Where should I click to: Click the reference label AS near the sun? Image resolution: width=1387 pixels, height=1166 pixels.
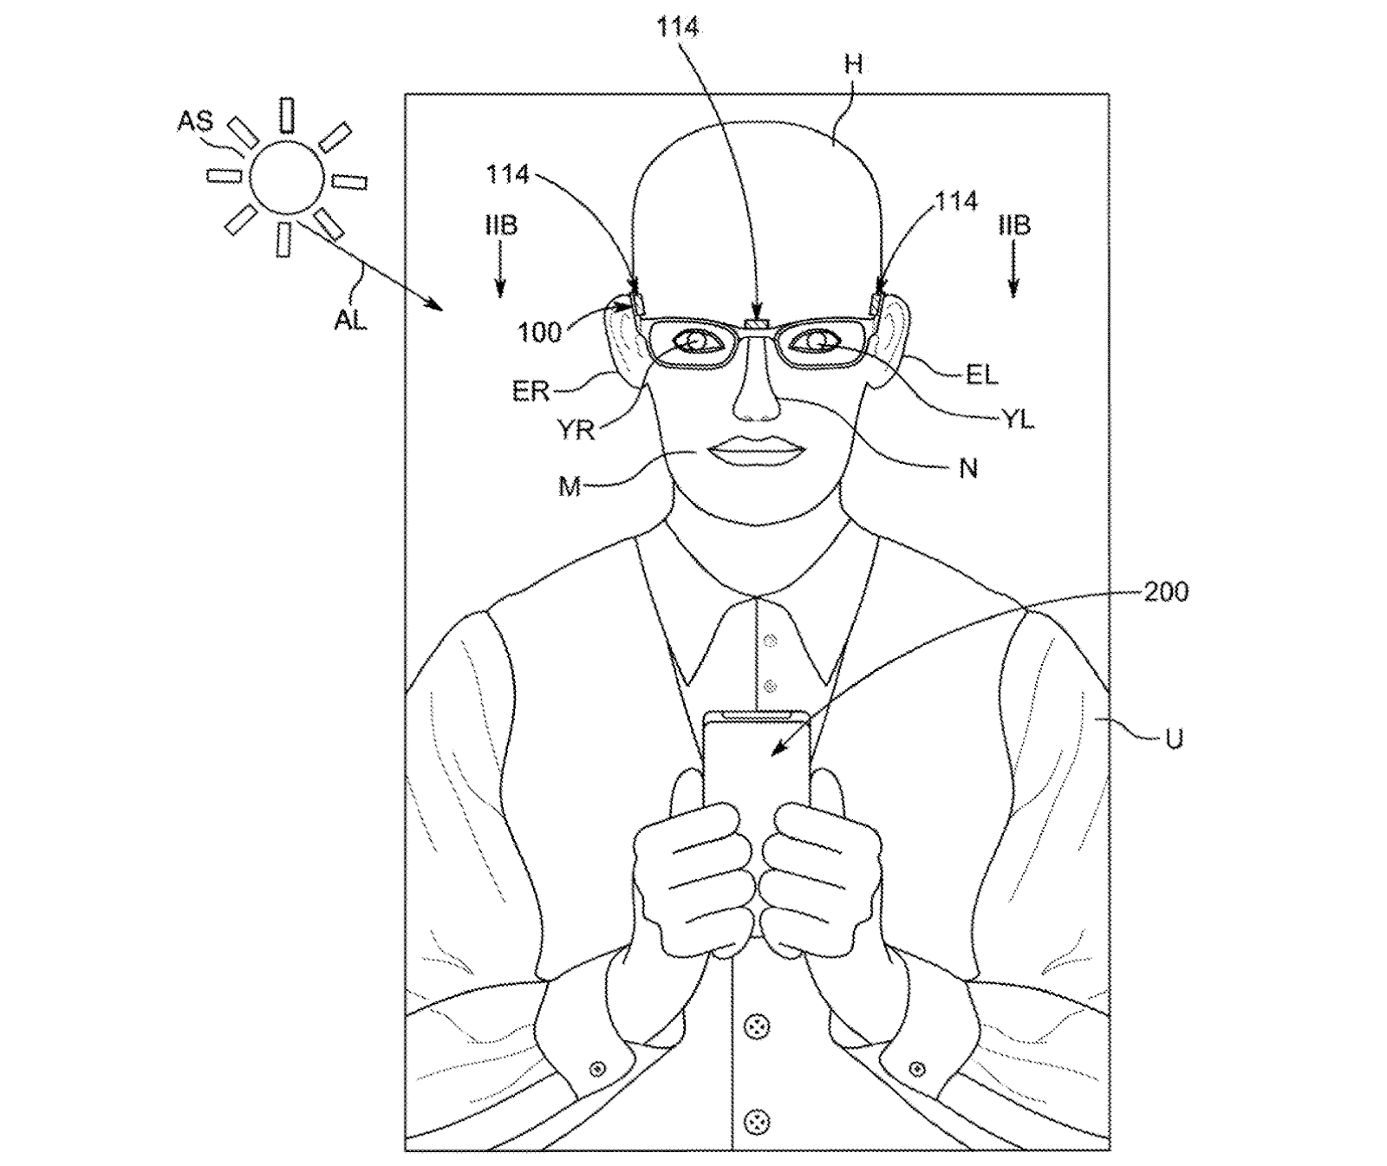[195, 120]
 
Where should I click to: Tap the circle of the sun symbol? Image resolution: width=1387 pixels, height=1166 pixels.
[285, 176]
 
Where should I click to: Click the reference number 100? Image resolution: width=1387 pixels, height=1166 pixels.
[540, 331]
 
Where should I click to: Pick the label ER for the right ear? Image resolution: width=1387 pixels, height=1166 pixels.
[531, 391]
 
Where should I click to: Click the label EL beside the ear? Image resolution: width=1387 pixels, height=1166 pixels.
[980, 375]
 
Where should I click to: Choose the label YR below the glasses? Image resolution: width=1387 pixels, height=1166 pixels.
[576, 429]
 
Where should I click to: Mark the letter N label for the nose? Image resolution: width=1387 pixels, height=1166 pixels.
[968, 468]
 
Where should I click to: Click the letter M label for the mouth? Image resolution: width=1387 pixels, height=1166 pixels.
[569, 487]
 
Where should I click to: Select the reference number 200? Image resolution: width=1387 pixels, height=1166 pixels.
[1166, 592]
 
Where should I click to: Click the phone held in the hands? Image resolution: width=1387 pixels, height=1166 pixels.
[757, 763]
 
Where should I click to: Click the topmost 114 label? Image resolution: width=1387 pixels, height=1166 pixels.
[677, 27]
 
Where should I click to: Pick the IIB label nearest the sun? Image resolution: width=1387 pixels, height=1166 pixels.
[501, 226]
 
